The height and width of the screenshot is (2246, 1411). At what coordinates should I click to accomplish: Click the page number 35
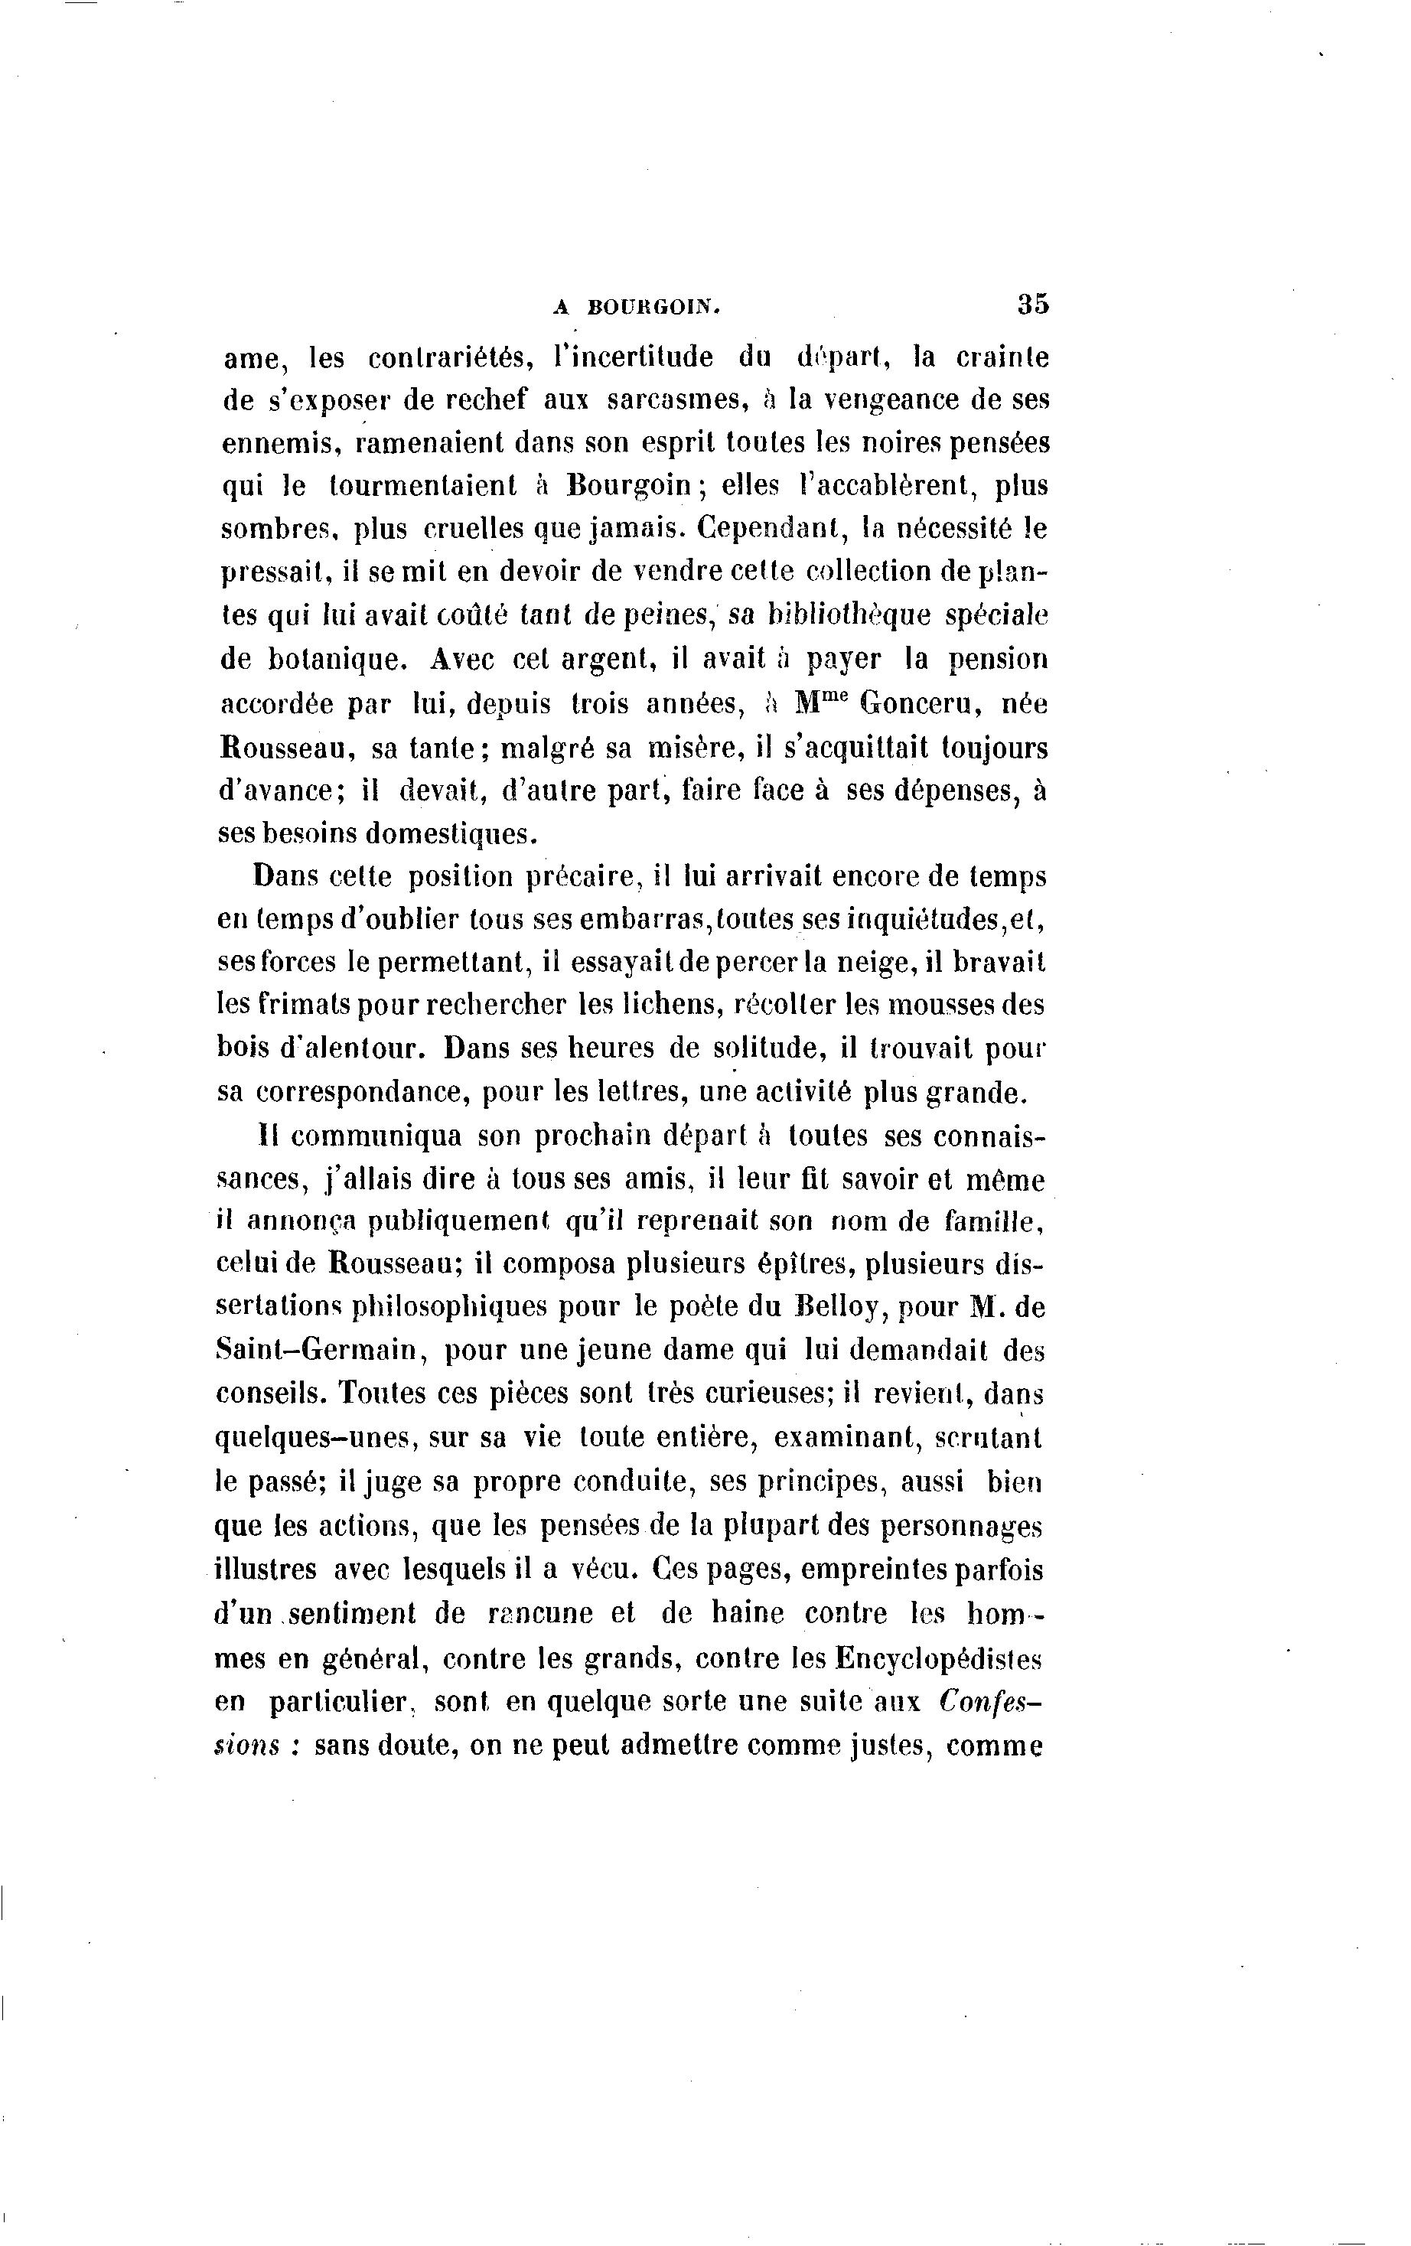[x=1032, y=305]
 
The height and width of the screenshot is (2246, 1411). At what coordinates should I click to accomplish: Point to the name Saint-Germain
[x=320, y=1351]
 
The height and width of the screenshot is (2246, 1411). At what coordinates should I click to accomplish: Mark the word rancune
[x=540, y=1612]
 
